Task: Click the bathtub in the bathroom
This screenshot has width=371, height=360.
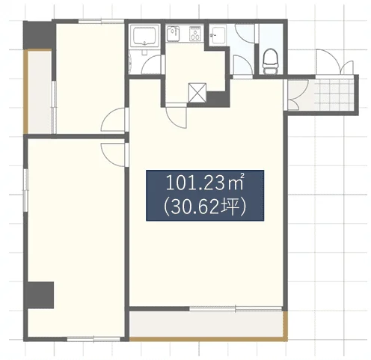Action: (145, 35)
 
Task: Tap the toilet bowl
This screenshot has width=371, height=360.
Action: (270, 61)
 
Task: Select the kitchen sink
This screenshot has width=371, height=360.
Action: (173, 34)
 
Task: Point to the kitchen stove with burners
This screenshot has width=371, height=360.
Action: (196, 34)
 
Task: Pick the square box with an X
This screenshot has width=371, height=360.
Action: (197, 93)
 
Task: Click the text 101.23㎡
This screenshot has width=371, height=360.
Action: (204, 183)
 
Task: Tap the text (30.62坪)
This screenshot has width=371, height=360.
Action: (204, 207)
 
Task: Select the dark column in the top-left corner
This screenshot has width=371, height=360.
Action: (40, 35)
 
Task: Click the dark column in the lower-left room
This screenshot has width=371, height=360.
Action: (40, 295)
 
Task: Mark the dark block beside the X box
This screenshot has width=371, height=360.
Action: (218, 99)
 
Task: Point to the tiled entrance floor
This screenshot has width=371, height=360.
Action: (334, 95)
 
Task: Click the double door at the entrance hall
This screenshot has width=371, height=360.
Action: (293, 95)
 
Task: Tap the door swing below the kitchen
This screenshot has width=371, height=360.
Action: (177, 118)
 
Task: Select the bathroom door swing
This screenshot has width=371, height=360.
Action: (151, 64)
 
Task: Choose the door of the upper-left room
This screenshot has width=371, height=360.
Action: (114, 120)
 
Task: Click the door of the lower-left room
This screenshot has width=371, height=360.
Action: (114, 154)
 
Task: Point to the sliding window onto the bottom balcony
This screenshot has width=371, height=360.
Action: (236, 309)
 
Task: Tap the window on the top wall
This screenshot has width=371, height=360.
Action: (101, 21)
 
